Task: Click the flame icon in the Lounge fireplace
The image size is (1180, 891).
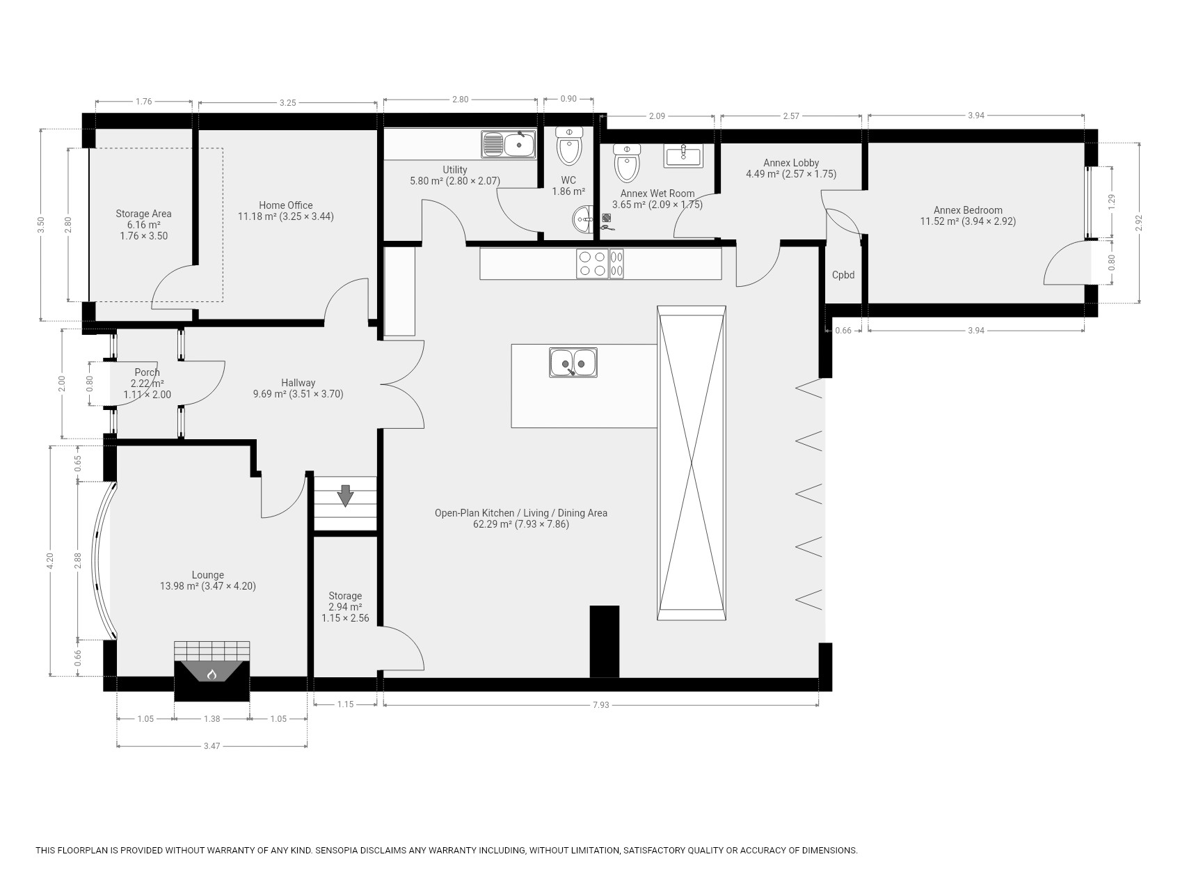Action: pos(212,674)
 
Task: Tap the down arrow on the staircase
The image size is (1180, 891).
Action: pos(345,496)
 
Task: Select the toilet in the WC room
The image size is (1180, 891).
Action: pos(569,145)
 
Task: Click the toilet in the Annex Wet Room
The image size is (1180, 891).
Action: pos(627,163)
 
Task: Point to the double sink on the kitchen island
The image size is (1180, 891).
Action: pos(573,363)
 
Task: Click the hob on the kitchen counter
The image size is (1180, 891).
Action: pos(600,264)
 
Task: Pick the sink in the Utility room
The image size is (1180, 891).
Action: pos(508,144)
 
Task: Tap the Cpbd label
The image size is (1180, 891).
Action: pos(843,275)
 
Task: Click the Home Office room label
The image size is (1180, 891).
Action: pos(286,205)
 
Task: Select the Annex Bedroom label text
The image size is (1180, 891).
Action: pos(968,210)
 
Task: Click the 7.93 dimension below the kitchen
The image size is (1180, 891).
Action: pos(600,705)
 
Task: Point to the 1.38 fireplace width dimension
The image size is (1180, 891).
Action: pos(212,719)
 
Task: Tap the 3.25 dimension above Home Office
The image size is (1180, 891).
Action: pos(287,103)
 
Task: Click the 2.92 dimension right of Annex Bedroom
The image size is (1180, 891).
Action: pos(1139,222)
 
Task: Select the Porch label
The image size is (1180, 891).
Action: pos(147,372)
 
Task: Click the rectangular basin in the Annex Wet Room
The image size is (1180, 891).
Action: pos(683,155)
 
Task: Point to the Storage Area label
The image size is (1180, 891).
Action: pos(143,214)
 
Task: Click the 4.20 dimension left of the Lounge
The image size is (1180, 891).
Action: pos(49,561)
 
